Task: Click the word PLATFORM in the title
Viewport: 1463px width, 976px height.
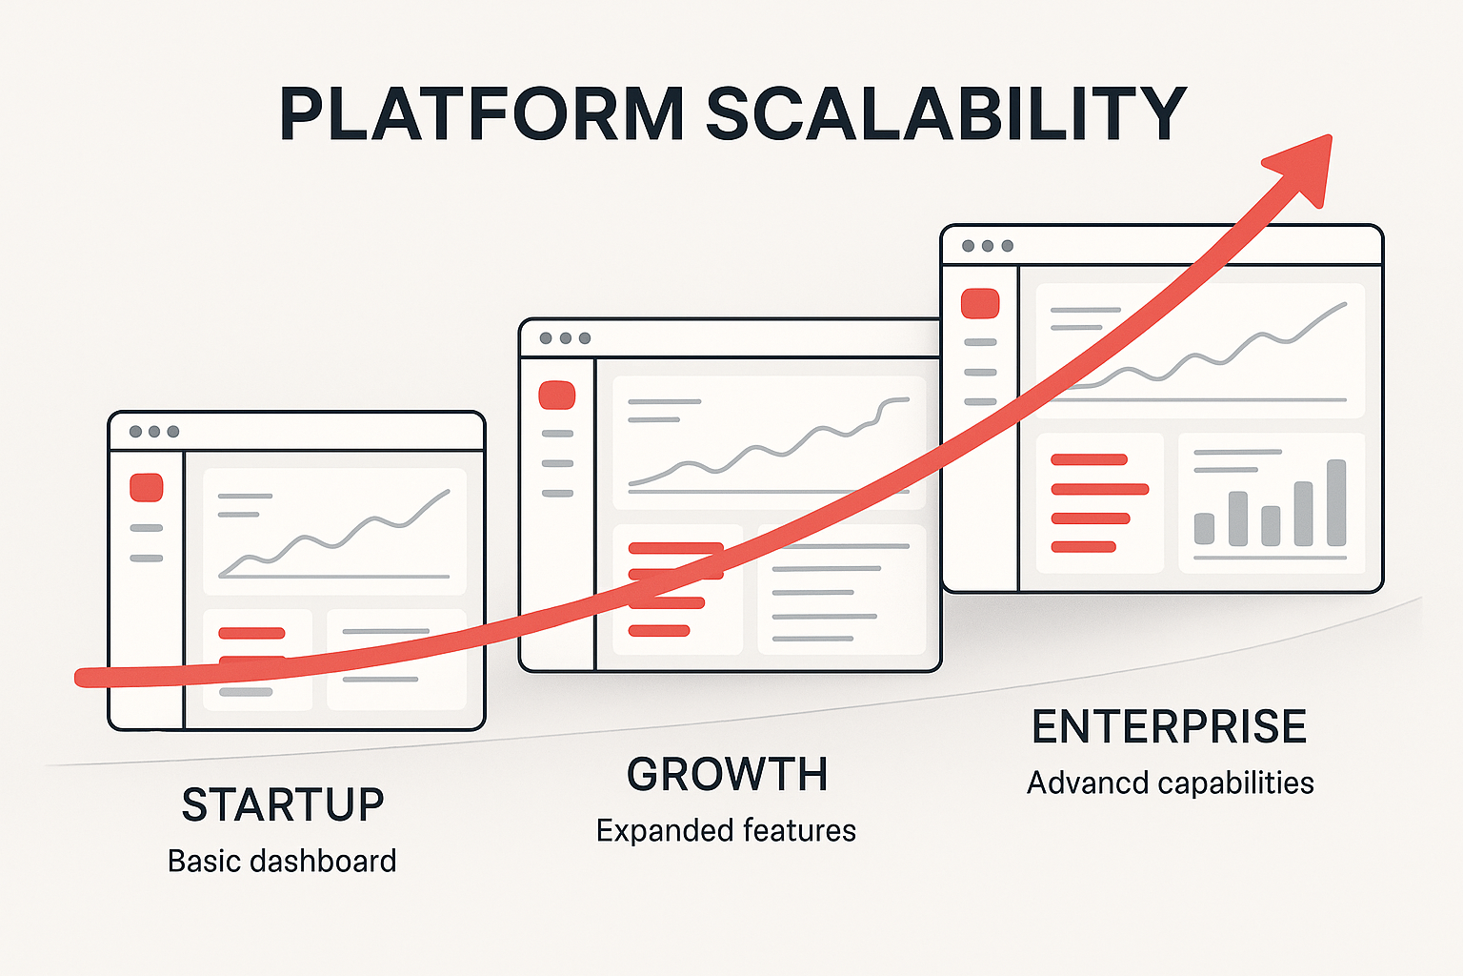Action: pyautogui.click(x=482, y=113)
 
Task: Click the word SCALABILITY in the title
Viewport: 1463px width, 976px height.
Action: pyautogui.click(x=946, y=113)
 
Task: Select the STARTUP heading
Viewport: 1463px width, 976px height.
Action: pyautogui.click(x=283, y=804)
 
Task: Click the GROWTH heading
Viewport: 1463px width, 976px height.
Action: pyautogui.click(x=727, y=774)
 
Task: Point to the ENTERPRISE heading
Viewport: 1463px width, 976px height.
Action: pyautogui.click(x=1169, y=726)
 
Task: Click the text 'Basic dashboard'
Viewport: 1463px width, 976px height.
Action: pyautogui.click(x=282, y=861)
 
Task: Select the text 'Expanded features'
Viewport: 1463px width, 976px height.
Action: pyautogui.click(x=727, y=831)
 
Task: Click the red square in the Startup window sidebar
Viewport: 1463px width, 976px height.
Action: pyautogui.click(x=147, y=488)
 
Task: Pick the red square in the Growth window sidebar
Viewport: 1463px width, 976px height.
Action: pyautogui.click(x=556, y=395)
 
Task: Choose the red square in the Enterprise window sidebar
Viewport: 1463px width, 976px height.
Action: pyautogui.click(x=980, y=303)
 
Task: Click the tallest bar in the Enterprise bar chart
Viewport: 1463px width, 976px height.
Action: pyautogui.click(x=1336, y=502)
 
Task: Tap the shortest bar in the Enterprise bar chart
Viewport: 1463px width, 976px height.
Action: pyautogui.click(x=1204, y=529)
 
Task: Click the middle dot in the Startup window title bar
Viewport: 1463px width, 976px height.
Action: pyautogui.click(x=154, y=432)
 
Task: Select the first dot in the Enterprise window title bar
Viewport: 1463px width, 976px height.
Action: pyautogui.click(x=969, y=246)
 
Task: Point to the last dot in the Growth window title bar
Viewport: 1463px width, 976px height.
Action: pyautogui.click(x=585, y=338)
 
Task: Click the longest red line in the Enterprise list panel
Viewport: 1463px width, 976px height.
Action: pyautogui.click(x=1100, y=489)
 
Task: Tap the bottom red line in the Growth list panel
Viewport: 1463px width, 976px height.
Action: pyautogui.click(x=659, y=631)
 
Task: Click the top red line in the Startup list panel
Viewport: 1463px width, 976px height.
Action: pyautogui.click(x=251, y=633)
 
